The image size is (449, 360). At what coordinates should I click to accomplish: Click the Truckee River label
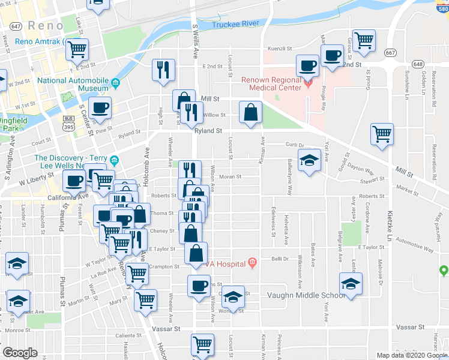coord(235,24)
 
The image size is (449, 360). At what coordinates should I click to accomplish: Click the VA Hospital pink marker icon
coord(252,262)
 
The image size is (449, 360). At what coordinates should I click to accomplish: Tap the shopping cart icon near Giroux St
coord(364,41)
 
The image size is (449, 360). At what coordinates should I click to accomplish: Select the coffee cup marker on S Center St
coord(100,108)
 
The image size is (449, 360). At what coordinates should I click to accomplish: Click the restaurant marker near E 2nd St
coord(163,70)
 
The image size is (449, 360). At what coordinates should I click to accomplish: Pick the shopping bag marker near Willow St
coord(250,112)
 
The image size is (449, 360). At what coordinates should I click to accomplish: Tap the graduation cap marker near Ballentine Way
coord(309,161)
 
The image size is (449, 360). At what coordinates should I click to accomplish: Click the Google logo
coord(20,353)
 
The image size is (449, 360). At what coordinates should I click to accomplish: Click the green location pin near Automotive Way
coord(444,271)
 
